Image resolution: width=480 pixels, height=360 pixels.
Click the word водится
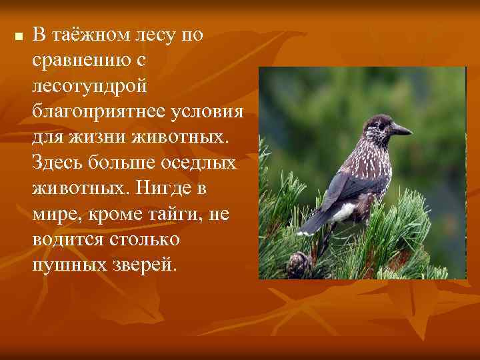pyautogui.click(x=65, y=239)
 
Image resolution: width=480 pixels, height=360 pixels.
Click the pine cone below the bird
pyautogui.click(x=298, y=263)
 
